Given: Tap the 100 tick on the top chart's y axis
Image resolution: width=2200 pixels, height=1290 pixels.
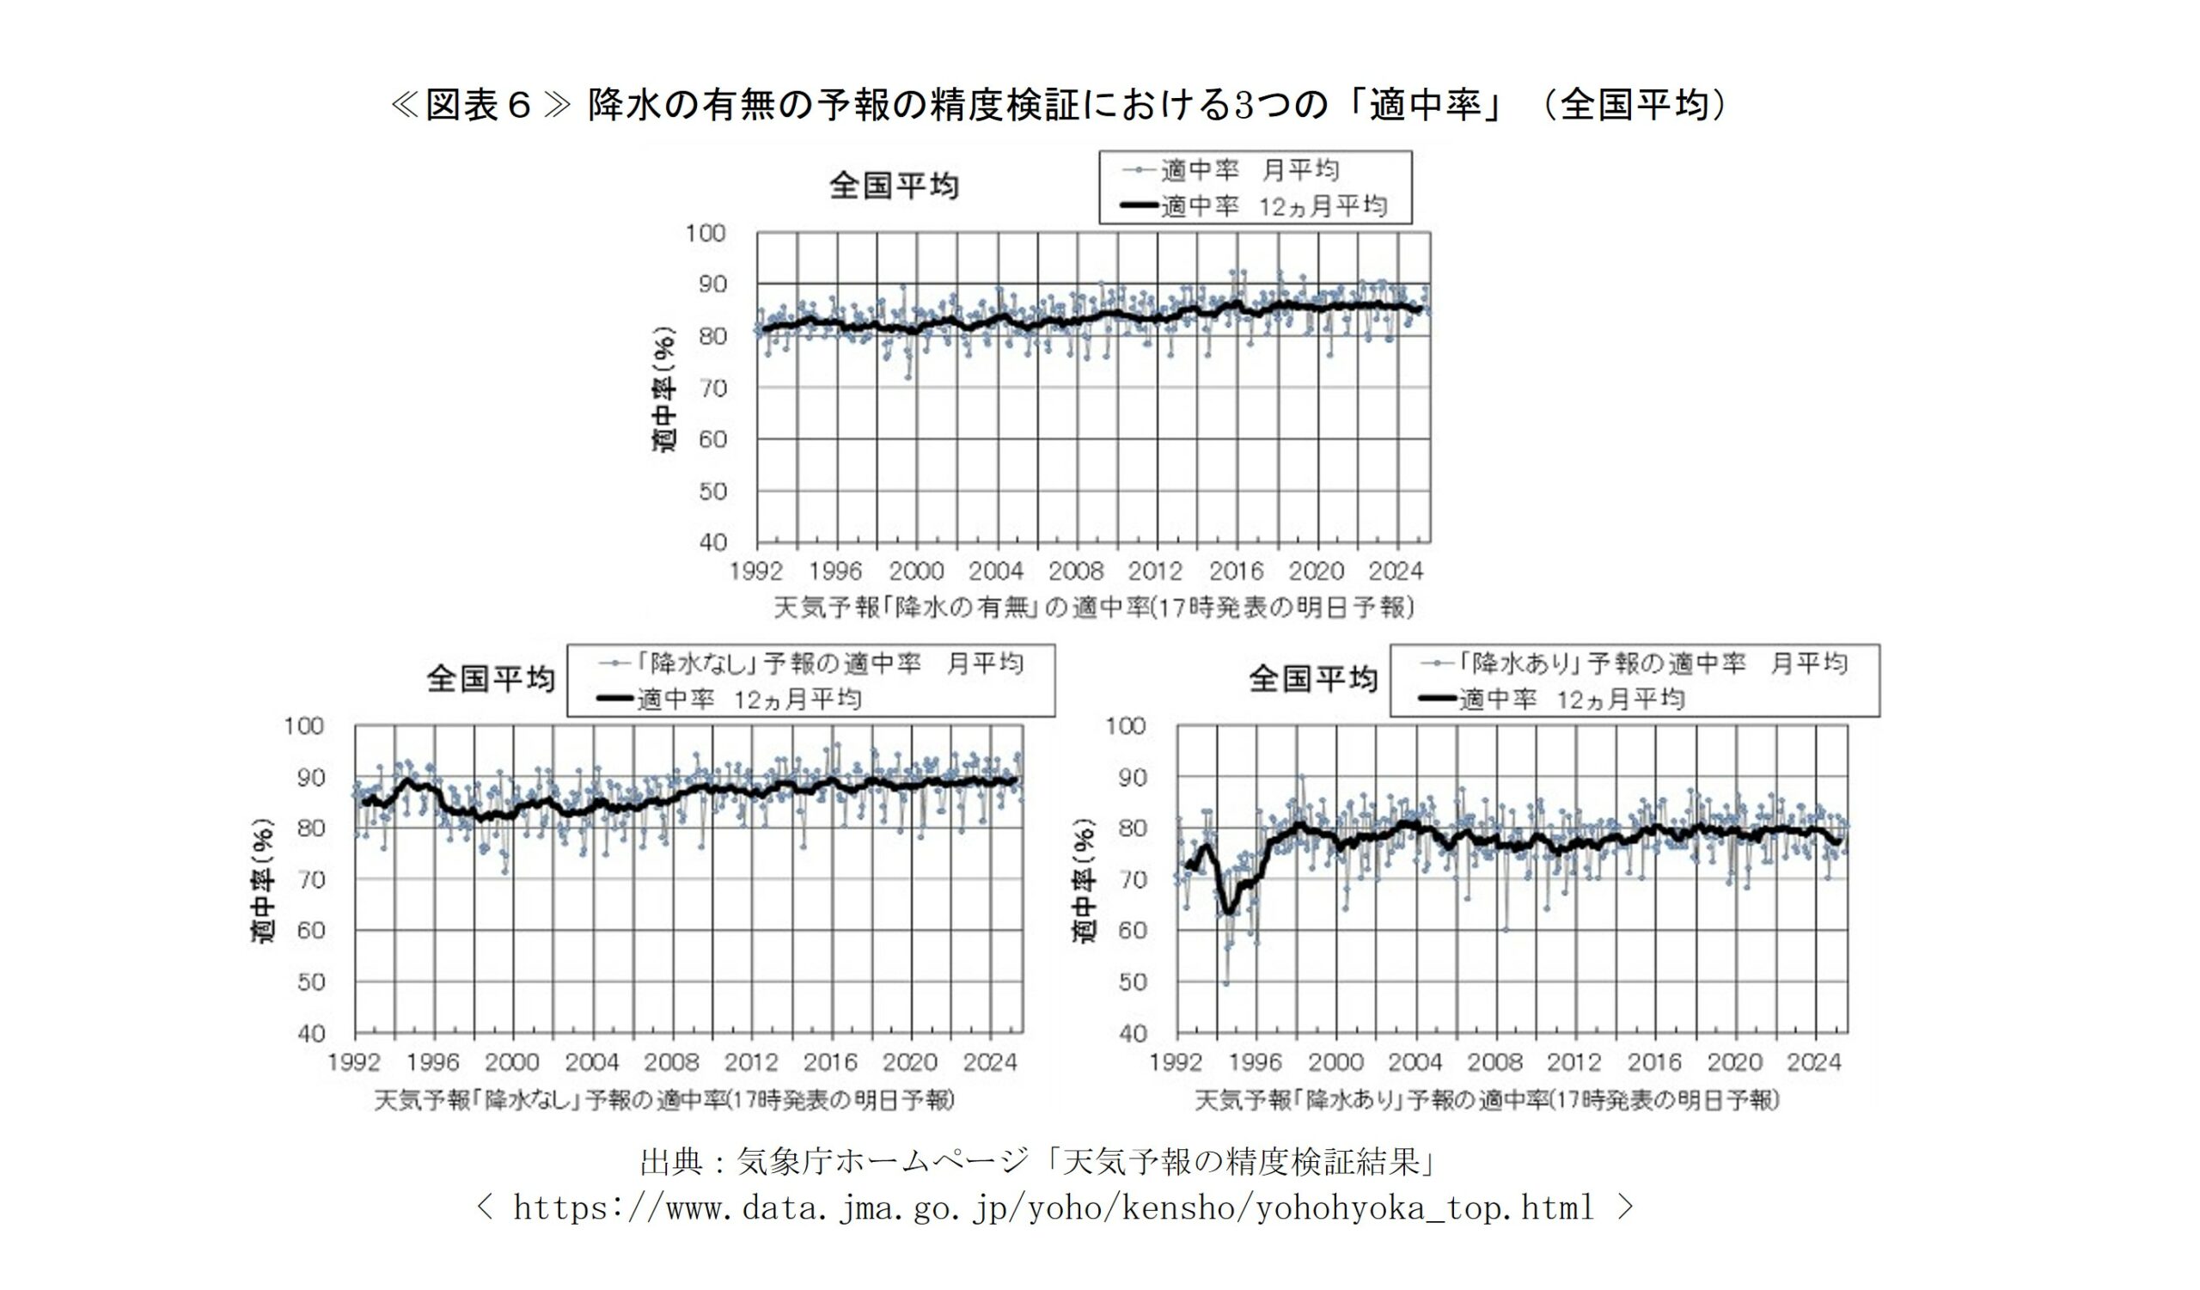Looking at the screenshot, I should point(706,233).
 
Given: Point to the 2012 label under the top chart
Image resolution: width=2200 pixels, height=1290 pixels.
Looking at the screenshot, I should point(1154,572).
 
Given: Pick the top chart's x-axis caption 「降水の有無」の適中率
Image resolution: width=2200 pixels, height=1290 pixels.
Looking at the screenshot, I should point(1093,608).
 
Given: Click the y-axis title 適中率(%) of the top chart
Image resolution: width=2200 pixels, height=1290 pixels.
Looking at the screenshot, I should point(665,389).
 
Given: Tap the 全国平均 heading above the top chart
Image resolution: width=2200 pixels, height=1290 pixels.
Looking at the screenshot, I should point(893,186).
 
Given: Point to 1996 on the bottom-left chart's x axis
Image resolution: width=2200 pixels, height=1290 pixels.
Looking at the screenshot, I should point(433,1063).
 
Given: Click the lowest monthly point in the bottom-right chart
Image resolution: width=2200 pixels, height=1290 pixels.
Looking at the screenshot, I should point(1225,983).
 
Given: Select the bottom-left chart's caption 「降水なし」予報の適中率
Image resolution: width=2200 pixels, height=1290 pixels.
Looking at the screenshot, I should point(663,1100).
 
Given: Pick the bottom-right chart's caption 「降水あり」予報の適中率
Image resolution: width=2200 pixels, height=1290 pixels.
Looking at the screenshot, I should point(1486,1100).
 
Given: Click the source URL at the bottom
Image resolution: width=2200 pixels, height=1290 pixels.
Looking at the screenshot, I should point(1053,1208).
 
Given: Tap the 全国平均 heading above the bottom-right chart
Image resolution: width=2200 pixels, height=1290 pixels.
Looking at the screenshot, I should point(1313,679).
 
